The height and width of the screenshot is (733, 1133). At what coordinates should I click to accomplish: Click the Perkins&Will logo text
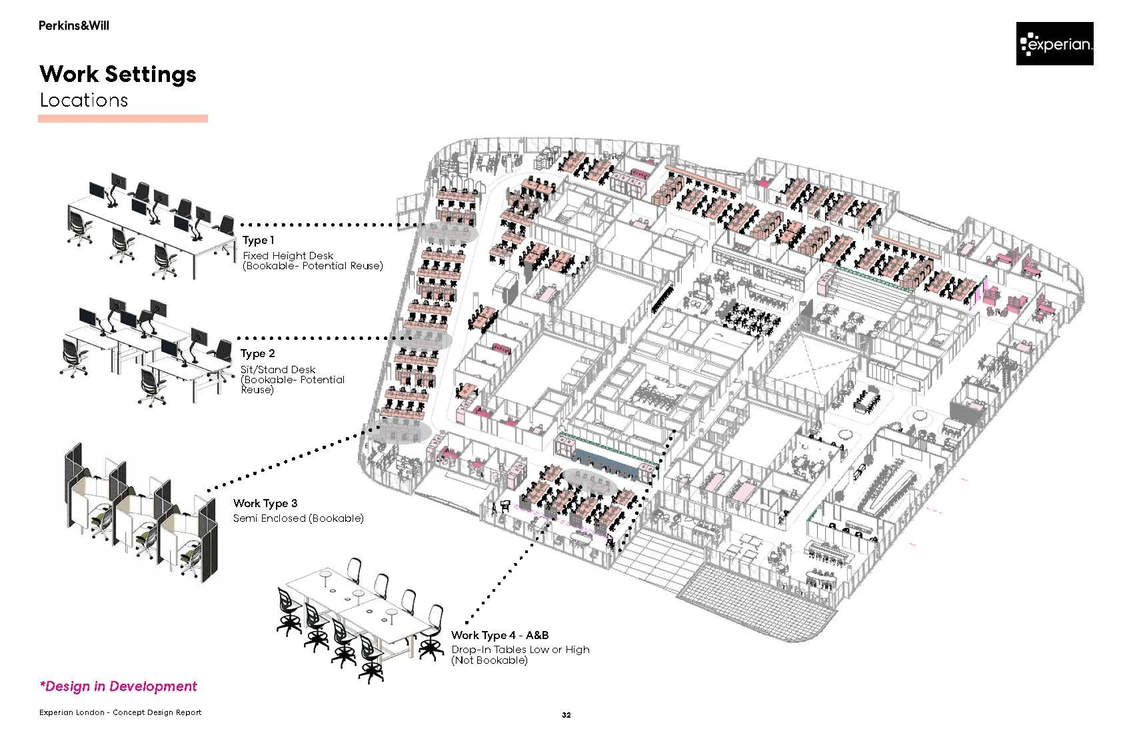[x=73, y=26]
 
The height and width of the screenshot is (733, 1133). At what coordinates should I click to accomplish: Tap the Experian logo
[x=1054, y=44]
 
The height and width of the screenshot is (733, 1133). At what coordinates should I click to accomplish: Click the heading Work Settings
[x=118, y=73]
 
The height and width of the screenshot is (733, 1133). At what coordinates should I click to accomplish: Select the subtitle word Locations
[x=83, y=100]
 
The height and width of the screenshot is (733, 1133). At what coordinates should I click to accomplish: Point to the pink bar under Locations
[x=123, y=119]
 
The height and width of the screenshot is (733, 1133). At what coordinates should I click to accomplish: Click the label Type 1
[x=258, y=241]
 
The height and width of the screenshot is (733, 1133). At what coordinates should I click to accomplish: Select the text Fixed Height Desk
[x=288, y=255]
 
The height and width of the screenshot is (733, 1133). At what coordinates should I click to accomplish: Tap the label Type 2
[x=258, y=354]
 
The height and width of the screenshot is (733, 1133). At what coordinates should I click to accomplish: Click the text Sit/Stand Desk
[x=278, y=369]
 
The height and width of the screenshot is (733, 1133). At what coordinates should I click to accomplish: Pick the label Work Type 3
[x=265, y=504]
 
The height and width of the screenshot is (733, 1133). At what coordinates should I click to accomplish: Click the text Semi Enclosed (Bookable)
[x=299, y=518]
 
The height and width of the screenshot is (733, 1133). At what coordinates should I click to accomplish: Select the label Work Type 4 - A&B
[x=500, y=636]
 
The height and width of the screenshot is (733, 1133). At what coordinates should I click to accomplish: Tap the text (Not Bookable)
[x=489, y=660]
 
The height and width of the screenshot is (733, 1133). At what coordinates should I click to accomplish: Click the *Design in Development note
[x=119, y=686]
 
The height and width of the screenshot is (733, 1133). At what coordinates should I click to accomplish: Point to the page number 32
[x=566, y=715]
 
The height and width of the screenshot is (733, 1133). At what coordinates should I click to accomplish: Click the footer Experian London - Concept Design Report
[x=120, y=712]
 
